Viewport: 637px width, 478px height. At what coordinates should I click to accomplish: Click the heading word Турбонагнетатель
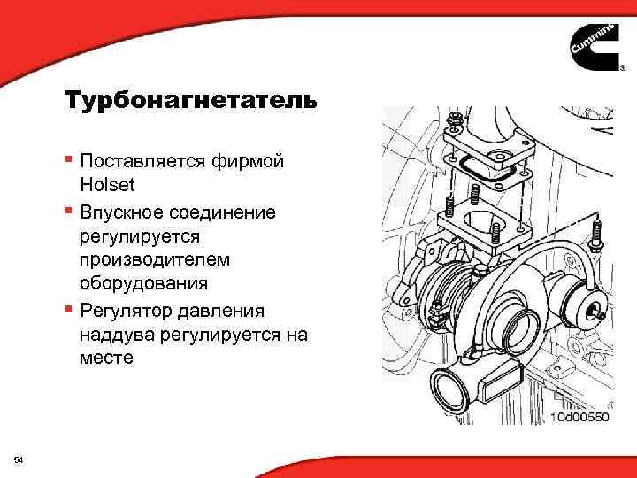click(x=189, y=100)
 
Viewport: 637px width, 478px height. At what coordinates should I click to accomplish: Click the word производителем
click(x=154, y=260)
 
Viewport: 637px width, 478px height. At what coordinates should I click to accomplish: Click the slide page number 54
click(x=19, y=459)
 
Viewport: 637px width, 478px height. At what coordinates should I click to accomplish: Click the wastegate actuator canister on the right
click(x=584, y=307)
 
